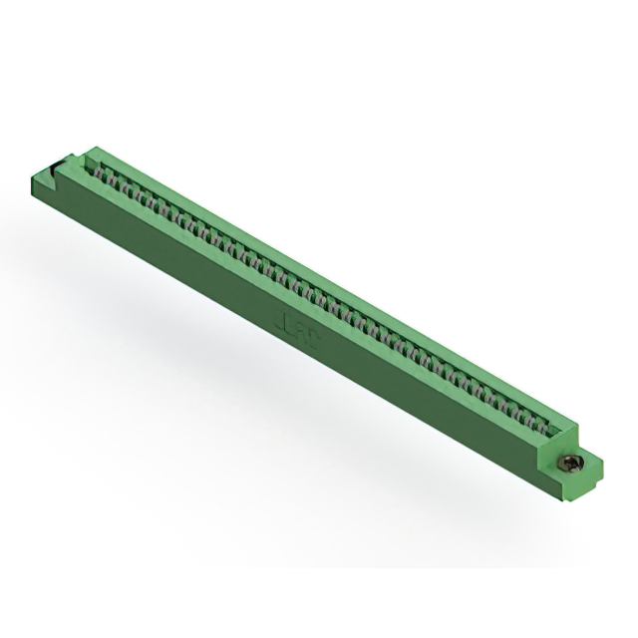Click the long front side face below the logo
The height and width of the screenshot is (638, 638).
(299, 359)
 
